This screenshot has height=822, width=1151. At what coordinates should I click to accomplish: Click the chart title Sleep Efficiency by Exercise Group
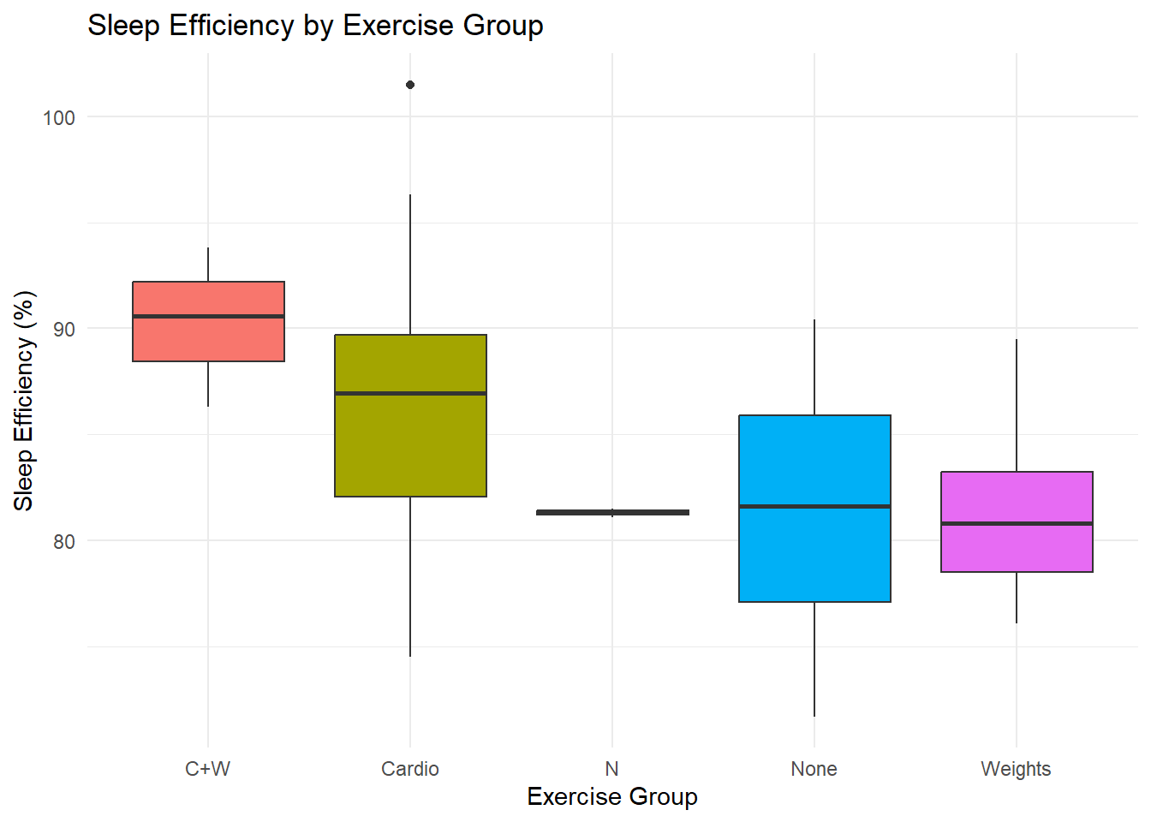pyautogui.click(x=315, y=26)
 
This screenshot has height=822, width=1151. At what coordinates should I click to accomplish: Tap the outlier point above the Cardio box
pyautogui.click(x=410, y=85)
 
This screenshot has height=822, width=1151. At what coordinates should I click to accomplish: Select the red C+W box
pyautogui.click(x=208, y=338)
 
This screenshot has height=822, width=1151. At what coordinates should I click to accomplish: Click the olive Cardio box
pyautogui.click(x=410, y=445)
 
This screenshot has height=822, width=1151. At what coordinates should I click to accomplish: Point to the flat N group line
pyautogui.click(x=612, y=512)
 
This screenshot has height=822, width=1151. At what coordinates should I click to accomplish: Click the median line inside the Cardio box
pyautogui.click(x=410, y=393)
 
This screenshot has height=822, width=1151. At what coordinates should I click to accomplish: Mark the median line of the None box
pyautogui.click(x=814, y=506)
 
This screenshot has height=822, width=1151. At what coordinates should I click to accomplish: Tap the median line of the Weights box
pyautogui.click(x=1017, y=523)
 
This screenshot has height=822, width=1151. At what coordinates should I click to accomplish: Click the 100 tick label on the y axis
pyautogui.click(x=59, y=118)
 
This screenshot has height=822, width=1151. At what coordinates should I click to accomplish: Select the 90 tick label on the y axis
pyautogui.click(x=63, y=330)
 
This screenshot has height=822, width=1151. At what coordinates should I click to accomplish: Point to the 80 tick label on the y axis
pyautogui.click(x=63, y=542)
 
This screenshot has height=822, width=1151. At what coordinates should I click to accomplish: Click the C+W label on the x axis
pyautogui.click(x=208, y=769)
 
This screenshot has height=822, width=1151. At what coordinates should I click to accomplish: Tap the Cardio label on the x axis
pyautogui.click(x=410, y=769)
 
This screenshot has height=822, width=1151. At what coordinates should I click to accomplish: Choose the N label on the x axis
pyautogui.click(x=611, y=769)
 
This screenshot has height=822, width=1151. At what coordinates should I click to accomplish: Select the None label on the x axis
pyautogui.click(x=814, y=769)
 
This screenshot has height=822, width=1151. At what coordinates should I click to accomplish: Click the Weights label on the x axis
pyautogui.click(x=1016, y=769)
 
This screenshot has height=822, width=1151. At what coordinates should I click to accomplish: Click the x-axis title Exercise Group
pyautogui.click(x=611, y=797)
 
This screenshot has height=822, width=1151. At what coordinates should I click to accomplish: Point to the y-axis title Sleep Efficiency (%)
pyautogui.click(x=24, y=401)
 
